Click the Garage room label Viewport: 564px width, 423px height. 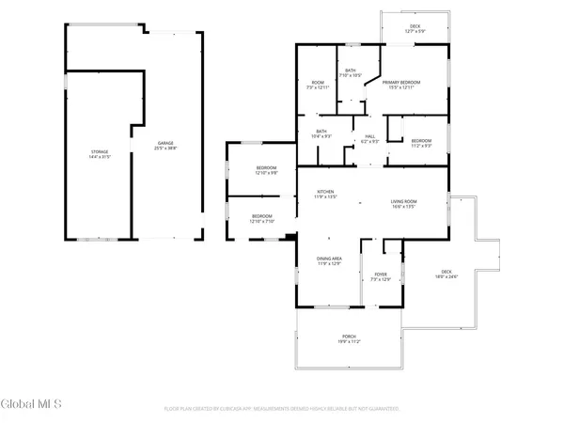click(166, 143)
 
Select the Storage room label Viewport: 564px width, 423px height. click(100, 151)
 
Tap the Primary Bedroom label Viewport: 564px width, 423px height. click(401, 83)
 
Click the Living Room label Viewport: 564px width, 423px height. click(404, 201)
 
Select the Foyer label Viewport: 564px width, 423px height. click(381, 274)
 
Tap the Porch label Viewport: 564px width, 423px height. click(349, 337)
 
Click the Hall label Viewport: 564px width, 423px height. click(370, 136)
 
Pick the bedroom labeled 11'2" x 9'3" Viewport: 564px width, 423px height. click(421, 141)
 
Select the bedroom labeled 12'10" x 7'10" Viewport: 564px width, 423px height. click(261, 216)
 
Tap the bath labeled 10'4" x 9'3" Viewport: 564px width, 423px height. click(321, 132)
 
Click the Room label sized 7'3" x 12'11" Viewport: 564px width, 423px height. click(318, 83)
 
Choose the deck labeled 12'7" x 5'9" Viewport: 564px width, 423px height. click(415, 26)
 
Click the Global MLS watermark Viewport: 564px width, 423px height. click(31, 404)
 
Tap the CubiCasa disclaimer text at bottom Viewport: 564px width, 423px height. click(282, 409)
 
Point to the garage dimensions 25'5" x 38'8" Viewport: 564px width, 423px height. click(166, 149)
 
